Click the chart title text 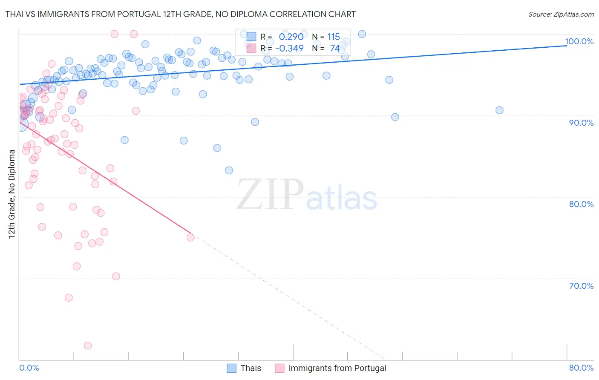tap(180, 14)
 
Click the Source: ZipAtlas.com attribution tap(561, 14)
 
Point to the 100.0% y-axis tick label tap(579, 41)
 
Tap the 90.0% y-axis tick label tap(581, 123)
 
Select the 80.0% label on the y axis tap(581, 204)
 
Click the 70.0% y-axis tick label tap(581, 285)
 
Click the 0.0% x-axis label tap(29, 368)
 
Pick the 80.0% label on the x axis tap(581, 368)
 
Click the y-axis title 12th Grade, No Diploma tap(12, 194)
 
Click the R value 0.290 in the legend tap(291, 37)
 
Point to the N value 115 tap(334, 37)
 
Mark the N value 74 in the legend tap(335, 49)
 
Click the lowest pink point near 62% tap(88, 345)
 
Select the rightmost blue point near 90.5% tap(499, 110)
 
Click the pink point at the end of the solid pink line tap(190, 237)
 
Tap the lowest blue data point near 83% tap(229, 170)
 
